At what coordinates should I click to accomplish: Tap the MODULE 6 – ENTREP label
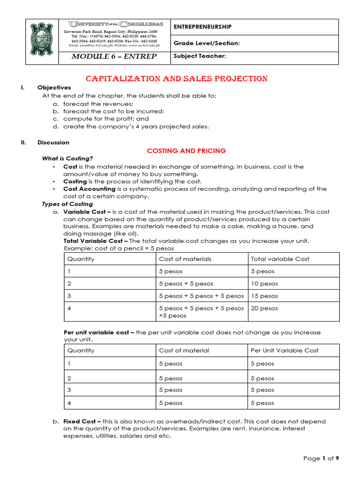click(114, 57)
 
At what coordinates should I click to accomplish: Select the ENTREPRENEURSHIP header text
click(202, 27)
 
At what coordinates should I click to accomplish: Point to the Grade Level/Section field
click(207, 43)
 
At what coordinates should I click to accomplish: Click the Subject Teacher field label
click(200, 56)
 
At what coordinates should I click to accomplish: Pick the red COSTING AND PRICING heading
click(186, 150)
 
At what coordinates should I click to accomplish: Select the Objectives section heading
click(54, 88)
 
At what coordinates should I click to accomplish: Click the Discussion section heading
click(53, 142)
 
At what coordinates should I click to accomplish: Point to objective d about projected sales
click(136, 127)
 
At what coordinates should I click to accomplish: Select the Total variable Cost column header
click(280, 259)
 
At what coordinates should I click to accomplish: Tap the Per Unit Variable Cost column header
click(285, 351)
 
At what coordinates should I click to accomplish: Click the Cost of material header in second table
click(184, 351)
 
